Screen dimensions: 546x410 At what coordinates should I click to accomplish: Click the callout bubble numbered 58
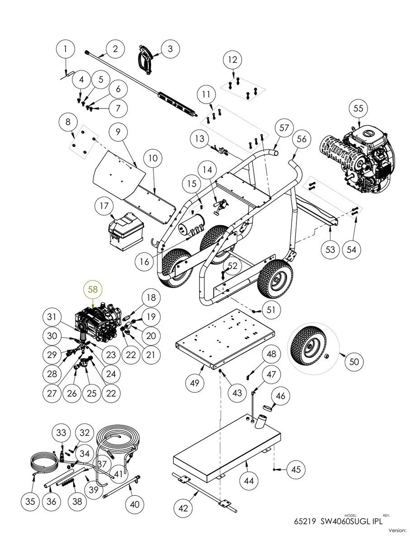93,290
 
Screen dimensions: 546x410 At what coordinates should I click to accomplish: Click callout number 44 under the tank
249,481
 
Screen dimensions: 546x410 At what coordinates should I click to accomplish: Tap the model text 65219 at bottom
305,521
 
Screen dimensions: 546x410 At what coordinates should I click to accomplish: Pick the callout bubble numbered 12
232,60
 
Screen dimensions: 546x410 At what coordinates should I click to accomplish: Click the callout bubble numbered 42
183,508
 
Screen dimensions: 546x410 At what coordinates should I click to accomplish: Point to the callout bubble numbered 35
30,501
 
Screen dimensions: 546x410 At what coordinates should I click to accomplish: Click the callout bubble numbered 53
331,249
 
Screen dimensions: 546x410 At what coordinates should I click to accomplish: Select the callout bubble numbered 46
281,396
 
